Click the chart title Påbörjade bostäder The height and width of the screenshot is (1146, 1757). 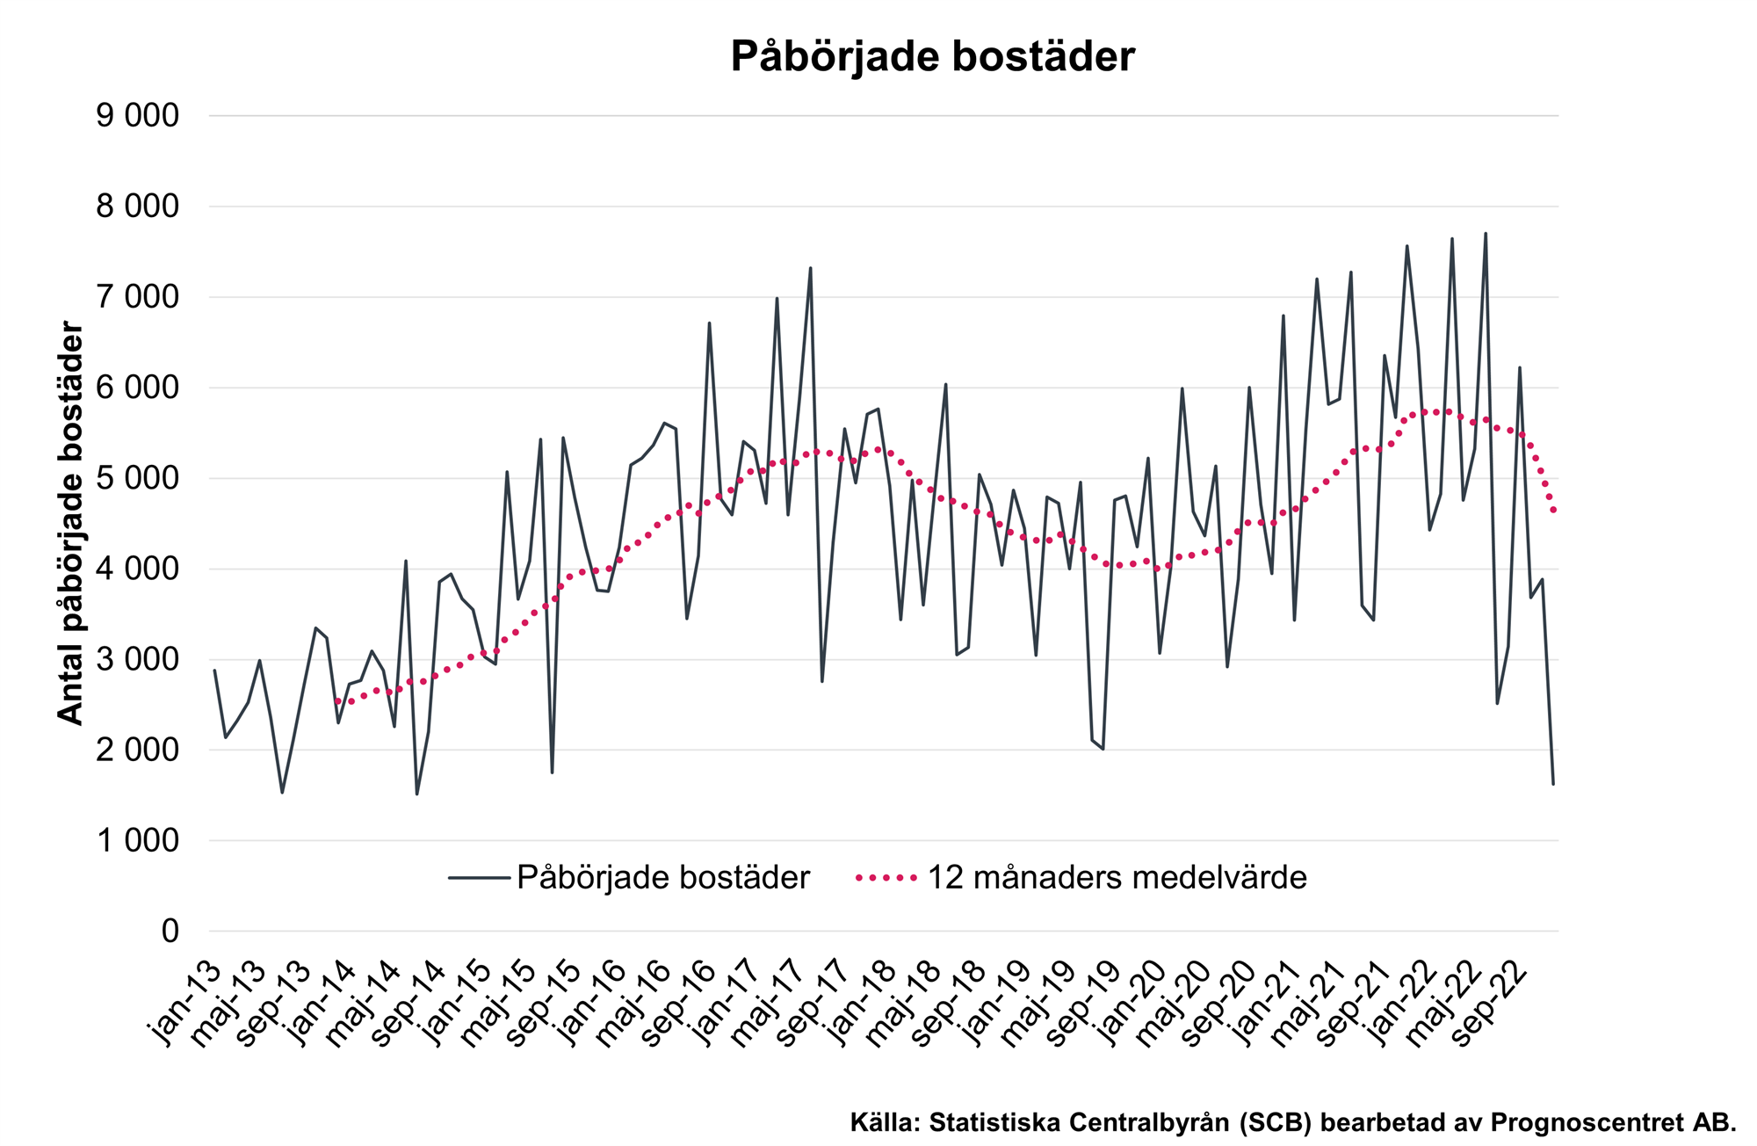pyautogui.click(x=932, y=57)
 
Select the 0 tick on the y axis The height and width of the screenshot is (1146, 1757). pyautogui.click(x=170, y=932)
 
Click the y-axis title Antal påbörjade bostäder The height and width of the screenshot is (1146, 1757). pyautogui.click(x=70, y=524)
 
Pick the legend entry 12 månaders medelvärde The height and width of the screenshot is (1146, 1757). pyautogui.click(x=1117, y=878)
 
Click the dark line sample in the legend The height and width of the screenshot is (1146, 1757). pyautogui.click(x=479, y=878)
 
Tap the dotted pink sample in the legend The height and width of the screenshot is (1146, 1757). pyautogui.click(x=887, y=878)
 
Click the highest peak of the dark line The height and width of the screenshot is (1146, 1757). pyautogui.click(x=1486, y=234)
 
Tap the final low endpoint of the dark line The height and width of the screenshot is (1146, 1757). pyautogui.click(x=1553, y=783)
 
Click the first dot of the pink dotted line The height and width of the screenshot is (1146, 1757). pyautogui.click(x=337, y=701)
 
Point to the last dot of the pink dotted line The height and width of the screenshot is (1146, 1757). pyautogui.click(x=1554, y=511)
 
